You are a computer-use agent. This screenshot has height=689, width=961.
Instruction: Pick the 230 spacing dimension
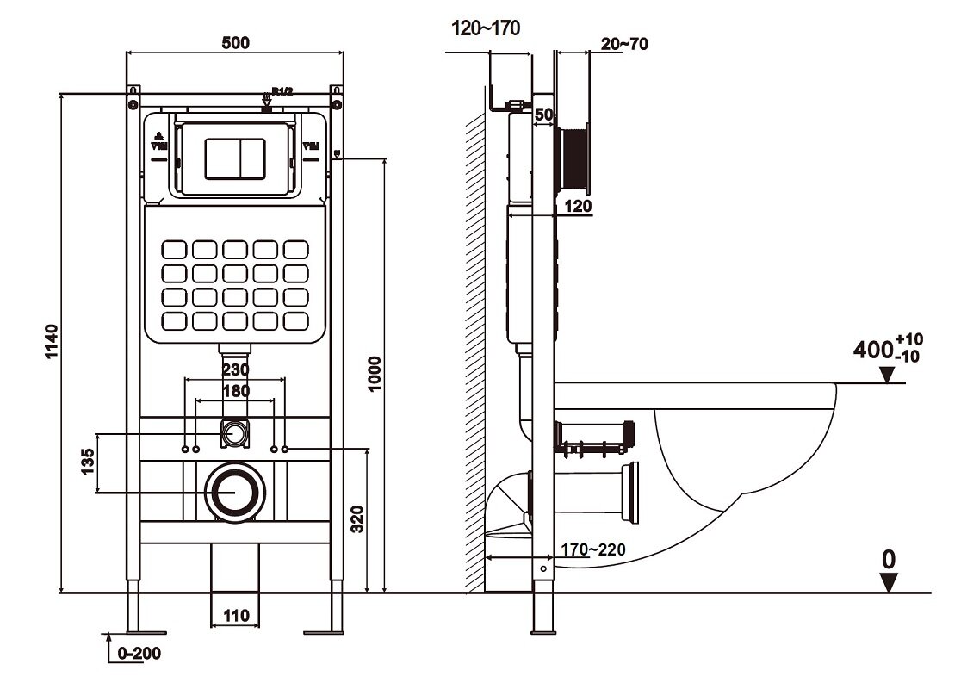pyautogui.click(x=235, y=369)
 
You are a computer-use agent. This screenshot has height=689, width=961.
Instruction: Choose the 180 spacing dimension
pyautogui.click(x=235, y=391)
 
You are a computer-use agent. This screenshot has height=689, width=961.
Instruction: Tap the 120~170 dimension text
pyautogui.click(x=486, y=29)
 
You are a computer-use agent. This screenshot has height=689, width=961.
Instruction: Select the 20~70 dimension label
pyautogui.click(x=624, y=46)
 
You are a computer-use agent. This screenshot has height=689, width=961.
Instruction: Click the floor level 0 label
pyautogui.click(x=888, y=560)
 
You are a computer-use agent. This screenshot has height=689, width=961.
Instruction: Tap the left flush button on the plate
pyautogui.click(x=219, y=156)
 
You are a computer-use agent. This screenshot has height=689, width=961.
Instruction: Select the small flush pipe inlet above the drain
pyautogui.click(x=233, y=432)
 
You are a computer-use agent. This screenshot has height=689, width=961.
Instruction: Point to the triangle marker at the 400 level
pyautogui.click(x=888, y=375)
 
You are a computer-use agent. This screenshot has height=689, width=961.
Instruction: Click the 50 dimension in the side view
pyautogui.click(x=542, y=115)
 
